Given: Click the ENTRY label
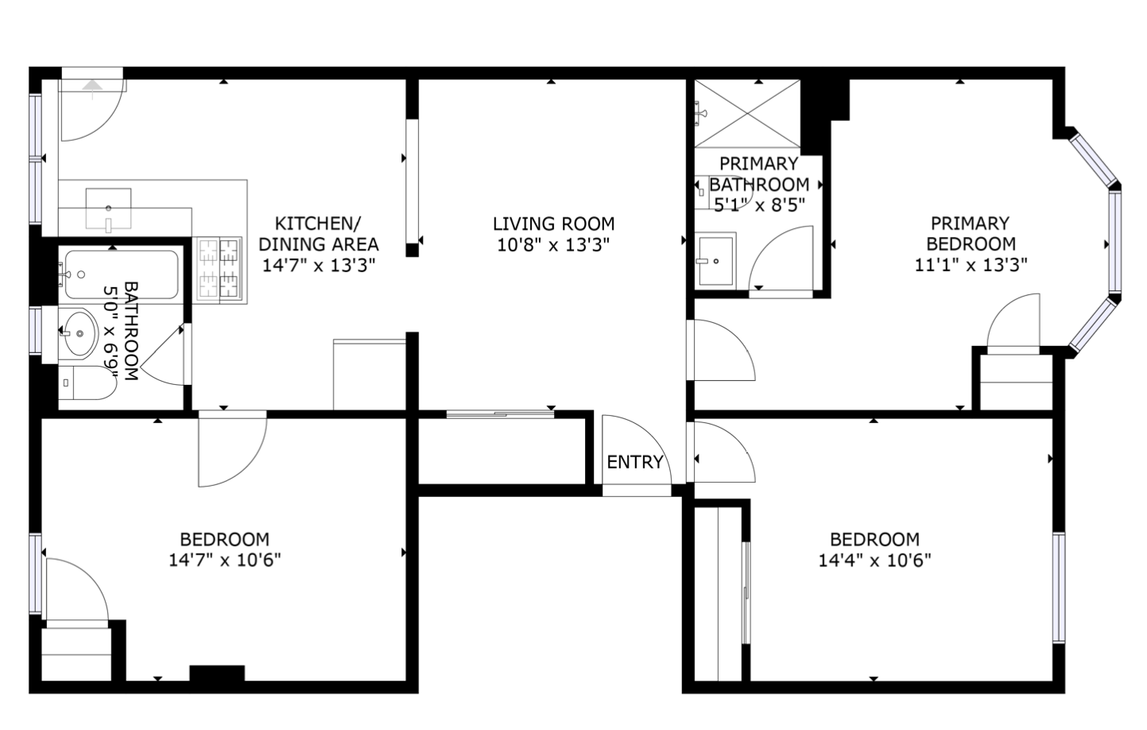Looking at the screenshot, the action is click(x=635, y=462).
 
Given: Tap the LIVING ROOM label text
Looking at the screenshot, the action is click(x=553, y=224).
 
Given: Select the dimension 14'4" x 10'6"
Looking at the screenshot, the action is click(x=874, y=561).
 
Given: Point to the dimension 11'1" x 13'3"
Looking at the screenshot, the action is click(x=971, y=265).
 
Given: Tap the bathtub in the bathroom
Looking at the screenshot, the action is click(x=122, y=274).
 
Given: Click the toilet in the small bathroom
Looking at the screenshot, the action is click(x=87, y=382).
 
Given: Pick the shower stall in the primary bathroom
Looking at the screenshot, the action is click(x=747, y=114).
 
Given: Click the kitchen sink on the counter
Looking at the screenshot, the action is click(x=108, y=209).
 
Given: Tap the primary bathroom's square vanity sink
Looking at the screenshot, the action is click(x=715, y=261).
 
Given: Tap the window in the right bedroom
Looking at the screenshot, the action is click(x=1059, y=588).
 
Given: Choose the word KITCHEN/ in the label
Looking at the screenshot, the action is click(x=318, y=224).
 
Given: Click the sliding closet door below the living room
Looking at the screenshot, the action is click(x=500, y=414).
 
